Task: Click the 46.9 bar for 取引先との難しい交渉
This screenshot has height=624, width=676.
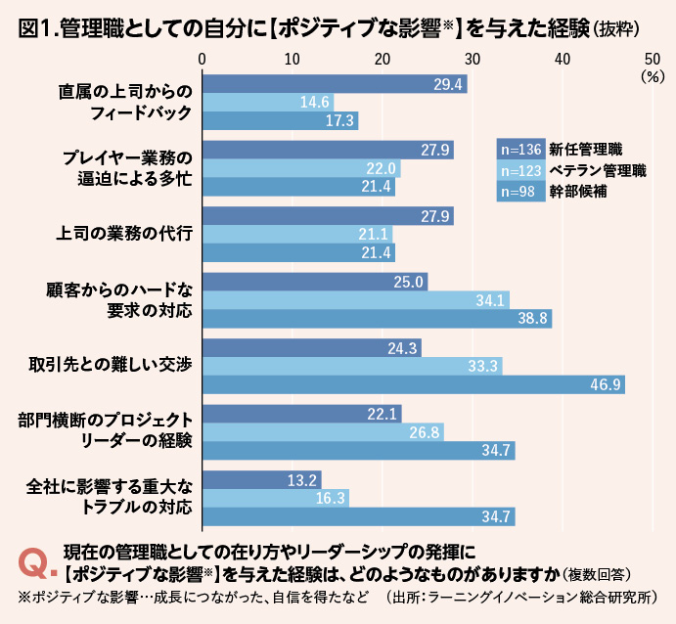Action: (x=413, y=384)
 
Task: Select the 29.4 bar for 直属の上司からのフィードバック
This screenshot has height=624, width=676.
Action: (x=334, y=84)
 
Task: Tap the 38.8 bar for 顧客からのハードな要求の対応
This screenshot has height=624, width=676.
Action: (x=377, y=319)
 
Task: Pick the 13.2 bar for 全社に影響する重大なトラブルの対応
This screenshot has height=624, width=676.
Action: (x=261, y=479)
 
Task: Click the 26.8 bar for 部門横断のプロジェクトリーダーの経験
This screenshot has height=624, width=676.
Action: (x=323, y=432)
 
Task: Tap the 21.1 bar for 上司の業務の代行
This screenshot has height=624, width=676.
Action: (x=297, y=234)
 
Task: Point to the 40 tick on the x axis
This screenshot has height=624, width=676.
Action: (x=562, y=60)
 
